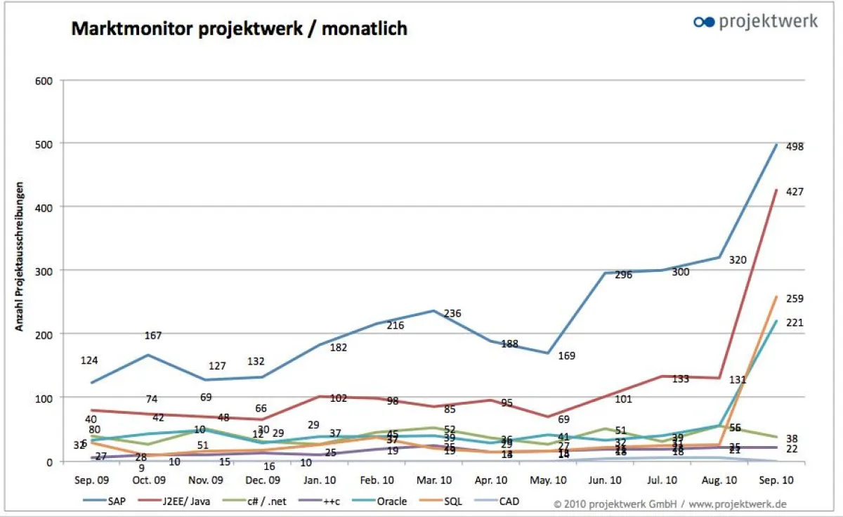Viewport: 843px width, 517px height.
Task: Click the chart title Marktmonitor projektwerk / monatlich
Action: coord(239,29)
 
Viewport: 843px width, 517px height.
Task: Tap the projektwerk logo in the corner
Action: coord(755,21)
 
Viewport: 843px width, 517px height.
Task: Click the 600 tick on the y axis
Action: coord(44,80)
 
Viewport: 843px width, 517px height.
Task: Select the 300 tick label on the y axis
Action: coord(44,270)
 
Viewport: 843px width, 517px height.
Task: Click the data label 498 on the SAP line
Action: coord(795,147)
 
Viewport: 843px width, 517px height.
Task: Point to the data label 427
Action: coord(795,192)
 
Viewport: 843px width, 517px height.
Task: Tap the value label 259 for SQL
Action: coord(795,299)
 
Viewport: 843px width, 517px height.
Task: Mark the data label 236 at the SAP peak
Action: coord(452,313)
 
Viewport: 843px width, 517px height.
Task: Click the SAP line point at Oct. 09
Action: coord(147,355)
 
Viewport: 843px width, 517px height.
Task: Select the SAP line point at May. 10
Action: coord(548,353)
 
